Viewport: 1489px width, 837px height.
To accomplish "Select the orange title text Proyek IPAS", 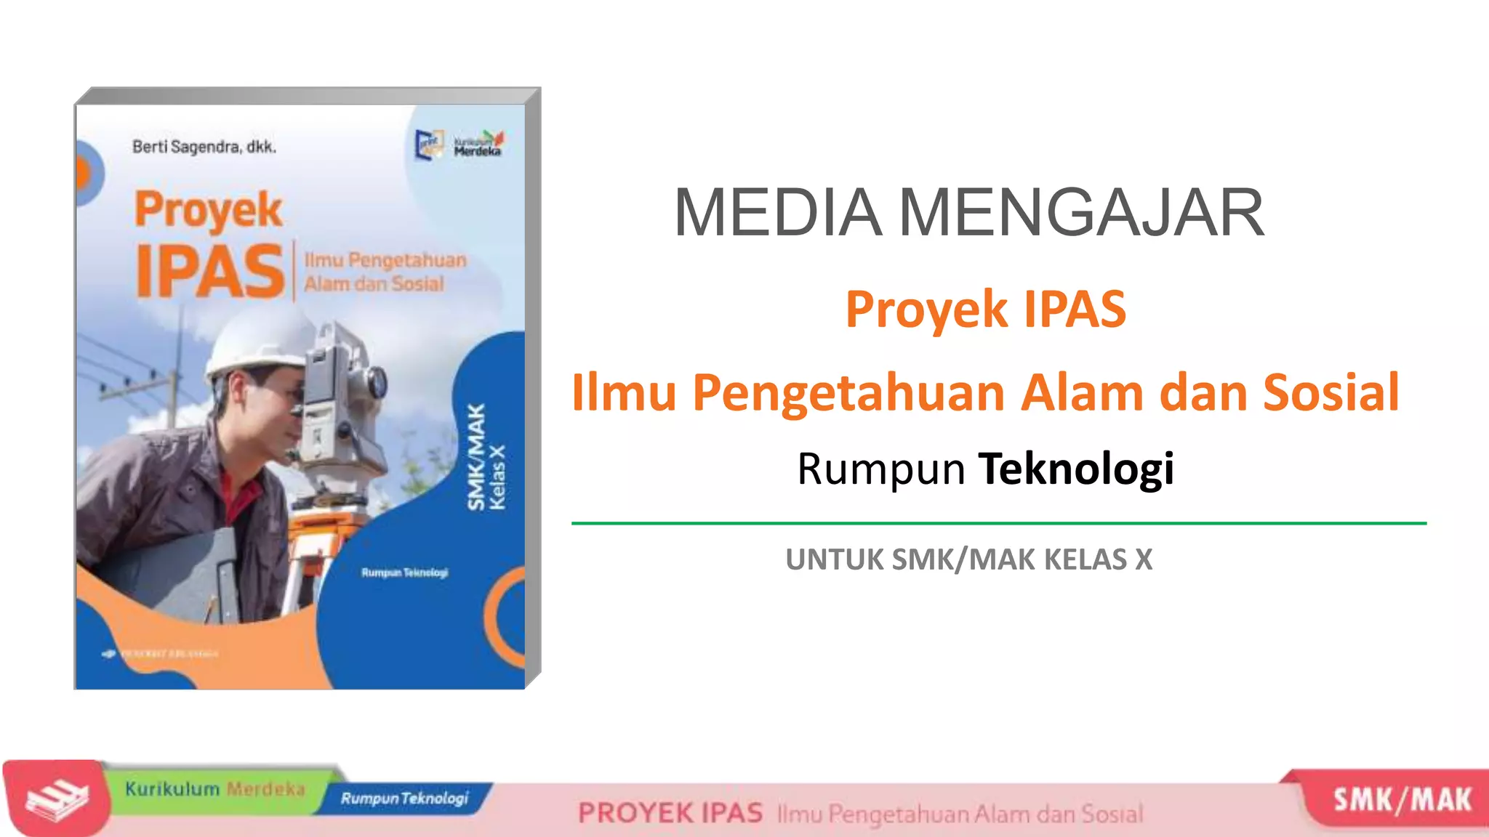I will tap(985, 310).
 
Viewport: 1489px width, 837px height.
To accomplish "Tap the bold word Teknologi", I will tap(1076, 469).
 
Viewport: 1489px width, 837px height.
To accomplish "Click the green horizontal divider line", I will tap(998, 522).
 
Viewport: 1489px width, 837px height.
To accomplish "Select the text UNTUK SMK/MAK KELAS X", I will tap(969, 559).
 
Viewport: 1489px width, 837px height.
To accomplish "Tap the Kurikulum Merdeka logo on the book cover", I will tap(478, 144).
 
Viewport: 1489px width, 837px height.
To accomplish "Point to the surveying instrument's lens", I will tap(377, 381).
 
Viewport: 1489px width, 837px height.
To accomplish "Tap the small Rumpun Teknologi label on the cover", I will tap(404, 573).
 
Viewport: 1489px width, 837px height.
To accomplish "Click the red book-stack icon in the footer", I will tap(57, 798).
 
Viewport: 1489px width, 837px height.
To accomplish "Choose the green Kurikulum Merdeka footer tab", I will tap(214, 789).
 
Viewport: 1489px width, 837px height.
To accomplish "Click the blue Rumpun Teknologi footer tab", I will tap(404, 798).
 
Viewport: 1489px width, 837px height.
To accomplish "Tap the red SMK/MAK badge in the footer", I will tap(1401, 800).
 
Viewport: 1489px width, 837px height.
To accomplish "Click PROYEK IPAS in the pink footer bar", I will tap(670, 813).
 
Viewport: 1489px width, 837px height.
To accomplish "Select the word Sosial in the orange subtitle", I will tap(1331, 392).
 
